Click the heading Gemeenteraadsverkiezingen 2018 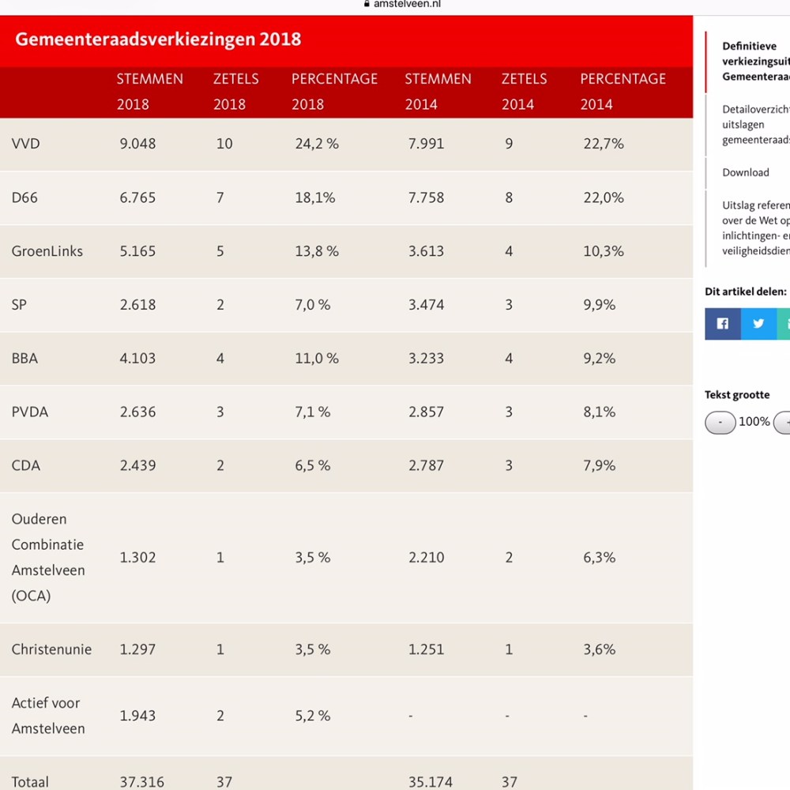tap(158, 39)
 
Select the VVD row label tap(25, 144)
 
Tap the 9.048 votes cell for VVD tap(137, 144)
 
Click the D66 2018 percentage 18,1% tap(315, 197)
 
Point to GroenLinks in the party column tap(47, 251)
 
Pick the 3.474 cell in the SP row tap(426, 305)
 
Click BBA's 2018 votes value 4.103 tap(137, 359)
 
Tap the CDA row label tap(25, 466)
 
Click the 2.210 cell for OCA tap(426, 558)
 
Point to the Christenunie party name tap(51, 649)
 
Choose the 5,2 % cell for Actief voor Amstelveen tap(313, 716)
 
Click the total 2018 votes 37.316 tap(142, 782)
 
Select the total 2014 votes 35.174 tap(431, 782)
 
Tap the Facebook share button tap(722, 324)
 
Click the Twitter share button tap(758, 324)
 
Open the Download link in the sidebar tap(745, 172)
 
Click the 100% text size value tap(754, 422)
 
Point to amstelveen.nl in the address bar tap(407, 4)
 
